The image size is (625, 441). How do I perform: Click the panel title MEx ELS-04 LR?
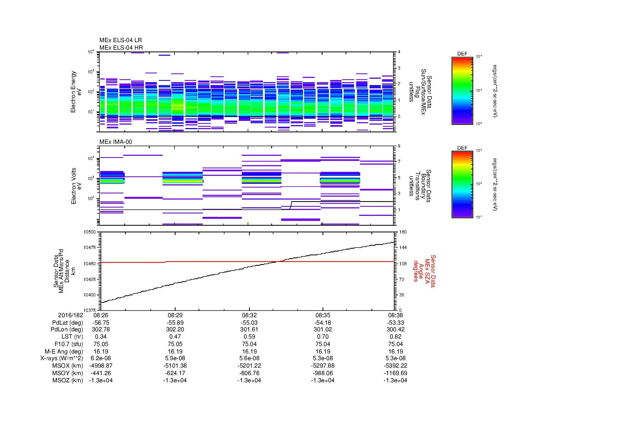120,41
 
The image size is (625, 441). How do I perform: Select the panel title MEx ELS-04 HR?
121,47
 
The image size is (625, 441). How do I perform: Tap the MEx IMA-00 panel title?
115,142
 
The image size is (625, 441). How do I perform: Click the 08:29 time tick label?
175,315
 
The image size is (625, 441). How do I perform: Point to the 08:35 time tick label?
323,315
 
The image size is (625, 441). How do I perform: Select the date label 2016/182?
70,315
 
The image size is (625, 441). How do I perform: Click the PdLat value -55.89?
175,323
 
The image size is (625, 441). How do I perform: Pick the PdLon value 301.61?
249,329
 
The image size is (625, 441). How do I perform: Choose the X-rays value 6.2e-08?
101,358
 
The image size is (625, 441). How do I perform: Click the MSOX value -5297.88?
323,366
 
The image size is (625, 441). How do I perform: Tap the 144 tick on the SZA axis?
403,248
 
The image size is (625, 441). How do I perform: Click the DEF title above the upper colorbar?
462,54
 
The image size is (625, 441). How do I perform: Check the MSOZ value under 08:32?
249,380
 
